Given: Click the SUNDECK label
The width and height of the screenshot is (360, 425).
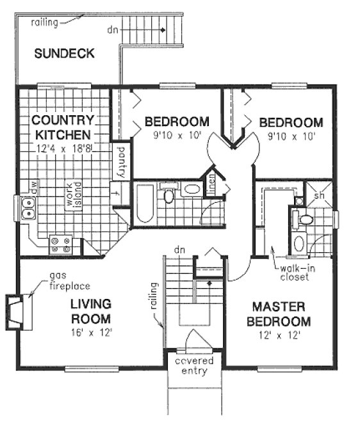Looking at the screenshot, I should coord(64,54).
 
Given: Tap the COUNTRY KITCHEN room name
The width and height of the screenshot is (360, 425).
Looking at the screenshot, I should coord(63,127).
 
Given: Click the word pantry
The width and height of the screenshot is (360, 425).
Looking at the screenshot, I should coord(121,163).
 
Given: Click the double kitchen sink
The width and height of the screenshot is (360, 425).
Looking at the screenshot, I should coord(28,207).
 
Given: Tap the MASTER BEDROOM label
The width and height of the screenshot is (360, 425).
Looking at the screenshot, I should coord(281,314).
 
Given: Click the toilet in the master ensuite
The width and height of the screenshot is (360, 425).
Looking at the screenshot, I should coord(305,220).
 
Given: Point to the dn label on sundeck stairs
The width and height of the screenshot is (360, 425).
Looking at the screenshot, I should coord(113,29).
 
